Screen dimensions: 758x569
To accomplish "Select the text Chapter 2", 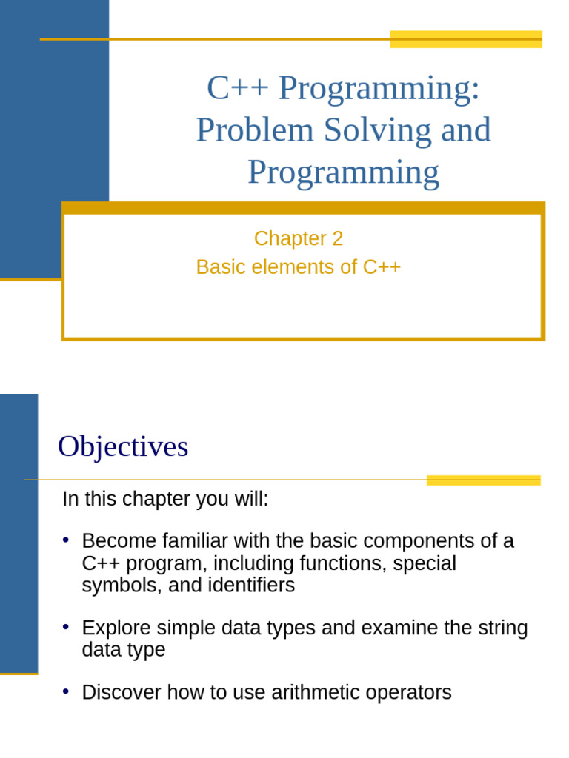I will pos(299,238).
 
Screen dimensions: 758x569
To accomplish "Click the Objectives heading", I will pos(123,446).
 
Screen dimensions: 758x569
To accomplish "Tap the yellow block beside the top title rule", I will pos(466,39).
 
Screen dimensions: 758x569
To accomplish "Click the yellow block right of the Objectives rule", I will pos(483,480).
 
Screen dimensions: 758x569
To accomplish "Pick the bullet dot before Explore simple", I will pos(66,626).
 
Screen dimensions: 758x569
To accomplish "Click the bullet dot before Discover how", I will pos(66,691).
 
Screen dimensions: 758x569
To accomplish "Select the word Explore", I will pos(115,628).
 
